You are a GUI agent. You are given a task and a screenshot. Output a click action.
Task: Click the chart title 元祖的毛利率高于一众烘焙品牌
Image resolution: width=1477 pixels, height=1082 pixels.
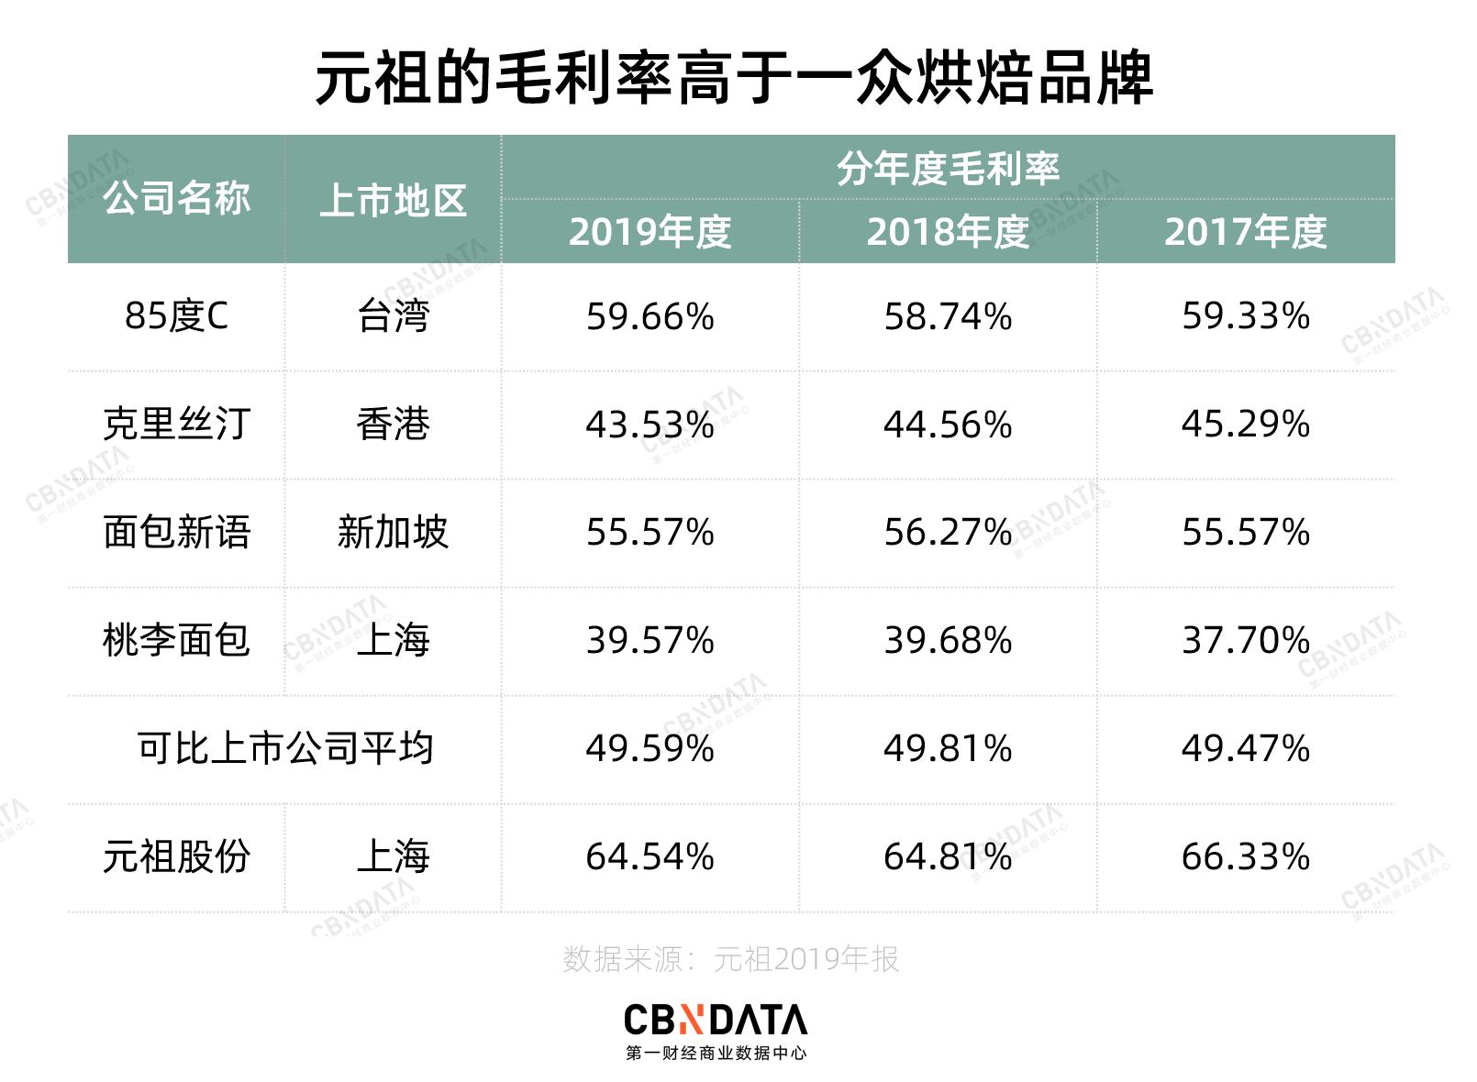tap(734, 78)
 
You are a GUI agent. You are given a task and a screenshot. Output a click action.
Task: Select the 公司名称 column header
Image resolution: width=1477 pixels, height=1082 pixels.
tap(176, 199)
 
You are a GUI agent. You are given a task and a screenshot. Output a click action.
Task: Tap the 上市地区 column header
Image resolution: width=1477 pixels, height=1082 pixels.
tap(393, 201)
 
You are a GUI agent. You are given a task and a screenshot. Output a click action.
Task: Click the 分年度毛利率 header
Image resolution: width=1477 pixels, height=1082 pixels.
tap(948, 169)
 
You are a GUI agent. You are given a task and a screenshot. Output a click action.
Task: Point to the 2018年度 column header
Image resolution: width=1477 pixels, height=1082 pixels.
tap(948, 232)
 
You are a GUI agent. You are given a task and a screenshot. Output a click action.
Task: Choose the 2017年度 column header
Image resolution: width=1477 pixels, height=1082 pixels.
tap(1245, 232)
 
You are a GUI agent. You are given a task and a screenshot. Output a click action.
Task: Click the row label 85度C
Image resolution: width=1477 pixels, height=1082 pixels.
tap(176, 316)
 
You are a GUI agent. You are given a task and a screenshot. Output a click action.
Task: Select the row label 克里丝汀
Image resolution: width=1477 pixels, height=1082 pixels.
tap(176, 425)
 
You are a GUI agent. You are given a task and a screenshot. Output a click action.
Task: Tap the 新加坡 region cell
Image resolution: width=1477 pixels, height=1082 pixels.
tap(393, 532)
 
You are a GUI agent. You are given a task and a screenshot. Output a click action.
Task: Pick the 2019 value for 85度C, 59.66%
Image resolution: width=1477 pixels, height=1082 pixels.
tap(650, 317)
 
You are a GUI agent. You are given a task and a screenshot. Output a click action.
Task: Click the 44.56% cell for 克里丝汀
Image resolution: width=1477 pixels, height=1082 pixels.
tap(948, 425)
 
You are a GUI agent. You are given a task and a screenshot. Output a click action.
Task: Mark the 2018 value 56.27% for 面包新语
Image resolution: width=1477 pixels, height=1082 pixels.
tap(948, 532)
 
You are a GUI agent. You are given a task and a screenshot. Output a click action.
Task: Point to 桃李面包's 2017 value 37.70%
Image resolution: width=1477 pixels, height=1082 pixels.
tap(1245, 640)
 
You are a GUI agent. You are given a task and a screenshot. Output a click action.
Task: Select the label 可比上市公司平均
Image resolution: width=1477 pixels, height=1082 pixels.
tap(284, 748)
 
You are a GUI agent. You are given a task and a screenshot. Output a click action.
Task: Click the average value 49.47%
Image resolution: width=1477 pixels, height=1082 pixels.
tap(1245, 748)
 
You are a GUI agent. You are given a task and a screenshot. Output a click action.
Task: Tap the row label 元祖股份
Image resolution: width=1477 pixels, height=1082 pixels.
tap(176, 856)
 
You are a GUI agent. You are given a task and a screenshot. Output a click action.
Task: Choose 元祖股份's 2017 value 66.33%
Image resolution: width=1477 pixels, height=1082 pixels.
tap(1245, 856)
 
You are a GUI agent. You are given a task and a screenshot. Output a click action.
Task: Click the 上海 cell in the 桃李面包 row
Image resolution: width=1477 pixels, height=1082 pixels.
tap(393, 640)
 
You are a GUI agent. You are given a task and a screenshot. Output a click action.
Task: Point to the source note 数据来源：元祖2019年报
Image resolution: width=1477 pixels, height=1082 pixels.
tap(730, 959)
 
